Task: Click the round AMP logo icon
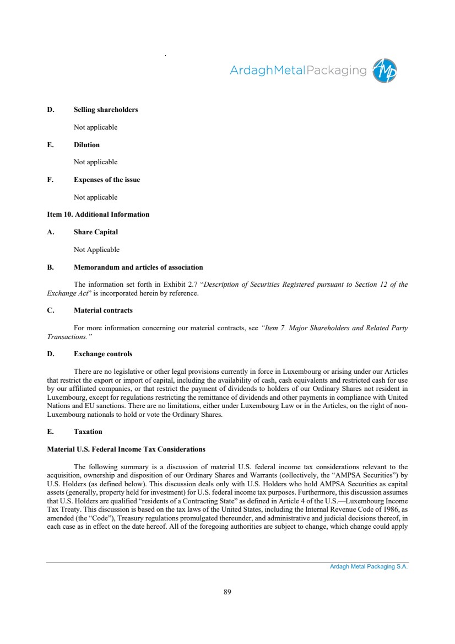[x=384, y=71]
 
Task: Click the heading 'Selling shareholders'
[x=106, y=110]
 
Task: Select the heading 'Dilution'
[x=86, y=145]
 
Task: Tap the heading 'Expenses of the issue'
[x=107, y=180]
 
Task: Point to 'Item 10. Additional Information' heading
[x=98, y=214]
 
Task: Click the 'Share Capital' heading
[x=96, y=232]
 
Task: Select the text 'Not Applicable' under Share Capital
[x=96, y=250]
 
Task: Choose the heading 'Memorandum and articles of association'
[x=138, y=267]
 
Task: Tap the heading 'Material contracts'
[x=103, y=310]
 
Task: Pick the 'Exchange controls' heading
[x=103, y=354]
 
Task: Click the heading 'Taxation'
[x=88, y=432]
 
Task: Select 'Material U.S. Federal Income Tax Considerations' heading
[x=126, y=449]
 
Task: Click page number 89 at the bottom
[x=227, y=592]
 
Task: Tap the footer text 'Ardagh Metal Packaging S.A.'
[x=369, y=567]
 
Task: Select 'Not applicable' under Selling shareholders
[x=95, y=127]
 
